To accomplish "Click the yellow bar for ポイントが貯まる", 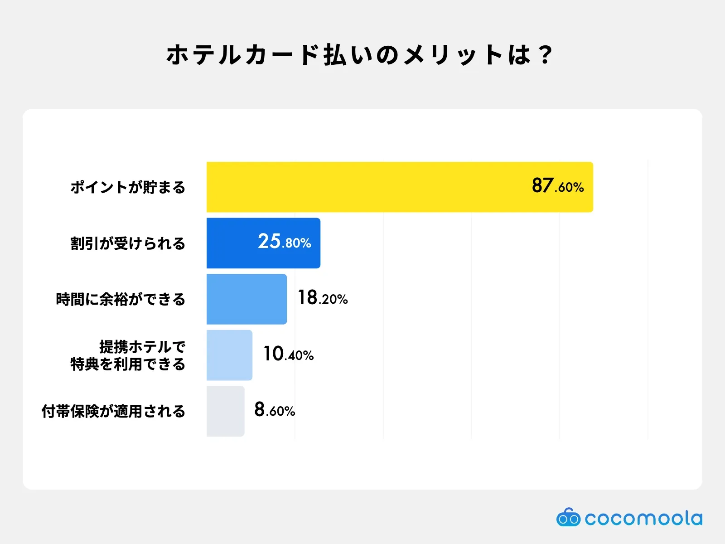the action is pos(400,187).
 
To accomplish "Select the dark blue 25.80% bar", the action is pos(263,243).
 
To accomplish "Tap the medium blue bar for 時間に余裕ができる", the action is pos(246,299).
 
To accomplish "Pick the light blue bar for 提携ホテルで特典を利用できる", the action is pos(229,355).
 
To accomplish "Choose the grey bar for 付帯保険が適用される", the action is pos(225,411).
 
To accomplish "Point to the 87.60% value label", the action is pos(557,185).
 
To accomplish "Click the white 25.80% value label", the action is pos(285,241).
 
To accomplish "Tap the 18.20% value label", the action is pos(323,297).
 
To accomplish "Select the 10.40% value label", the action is pos(288,354).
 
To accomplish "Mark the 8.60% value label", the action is pos(275,409).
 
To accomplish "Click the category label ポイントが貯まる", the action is pos(128,187).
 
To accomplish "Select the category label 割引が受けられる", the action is pos(128,243).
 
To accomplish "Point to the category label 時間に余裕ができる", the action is pos(121,299).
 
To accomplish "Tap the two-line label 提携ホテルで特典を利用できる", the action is pos(128,355).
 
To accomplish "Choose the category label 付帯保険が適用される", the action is pos(113,412).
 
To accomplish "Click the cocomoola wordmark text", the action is pos(643,518).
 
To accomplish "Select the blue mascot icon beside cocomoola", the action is pos(568,517).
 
